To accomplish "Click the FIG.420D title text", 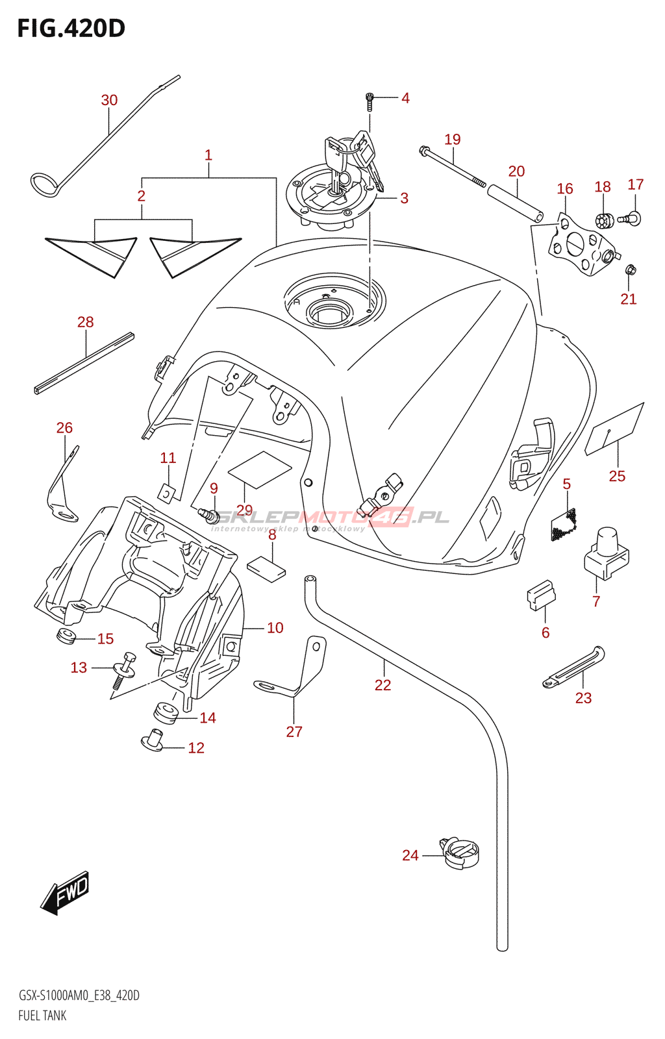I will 71,29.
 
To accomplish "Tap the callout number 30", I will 109,100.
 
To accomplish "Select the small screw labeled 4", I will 370,101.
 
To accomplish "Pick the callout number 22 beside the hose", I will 383,685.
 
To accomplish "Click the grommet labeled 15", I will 66,636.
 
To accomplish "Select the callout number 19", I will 453,139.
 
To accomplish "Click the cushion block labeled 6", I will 540,595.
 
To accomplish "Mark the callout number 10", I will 275,627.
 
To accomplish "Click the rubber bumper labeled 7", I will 607,552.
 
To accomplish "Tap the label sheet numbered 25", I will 614,429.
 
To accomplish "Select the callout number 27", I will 294,731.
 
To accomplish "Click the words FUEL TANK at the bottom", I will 42,1016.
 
